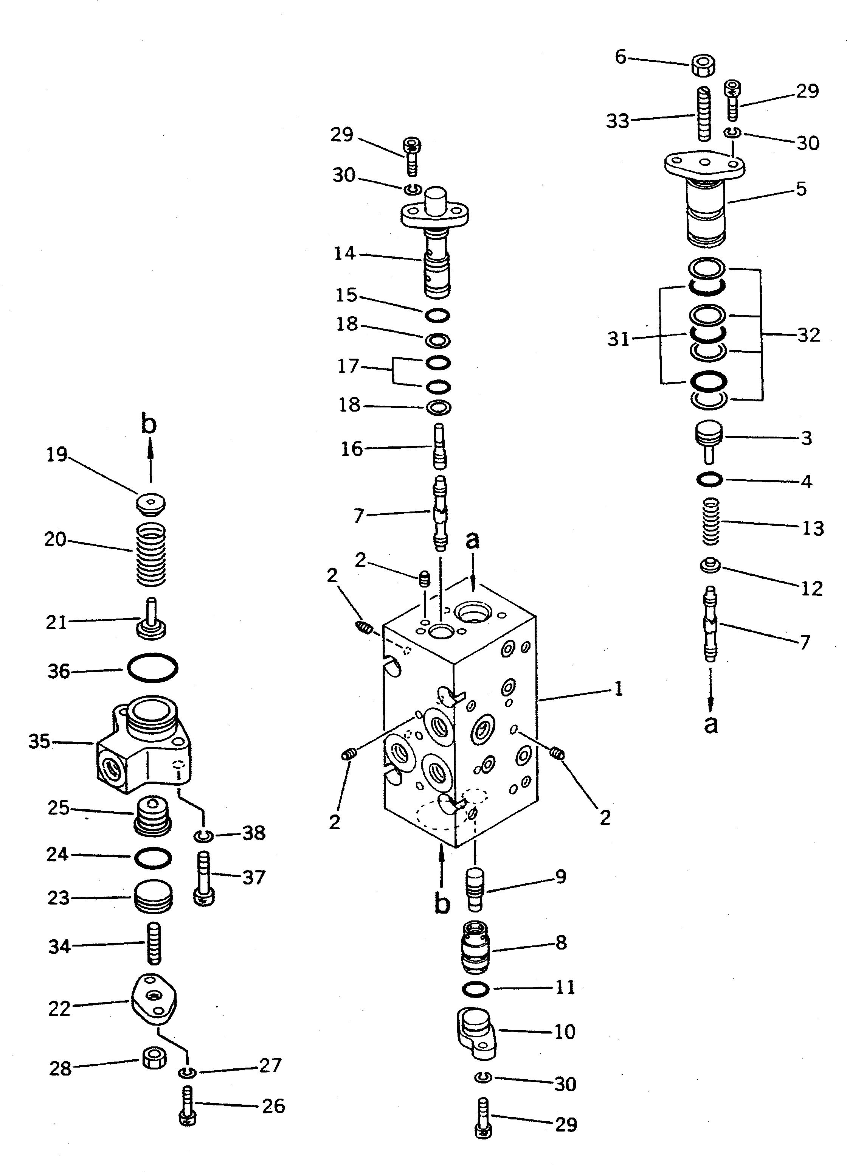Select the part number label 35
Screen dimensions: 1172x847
(x=39, y=741)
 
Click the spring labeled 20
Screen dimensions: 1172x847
(x=151, y=553)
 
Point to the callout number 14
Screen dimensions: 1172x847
(x=344, y=253)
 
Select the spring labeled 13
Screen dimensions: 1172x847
(x=712, y=521)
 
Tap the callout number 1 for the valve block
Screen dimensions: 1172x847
(x=618, y=689)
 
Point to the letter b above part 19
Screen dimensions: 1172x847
(x=148, y=424)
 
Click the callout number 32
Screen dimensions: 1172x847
(x=808, y=335)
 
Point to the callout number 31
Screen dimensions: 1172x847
(x=618, y=339)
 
